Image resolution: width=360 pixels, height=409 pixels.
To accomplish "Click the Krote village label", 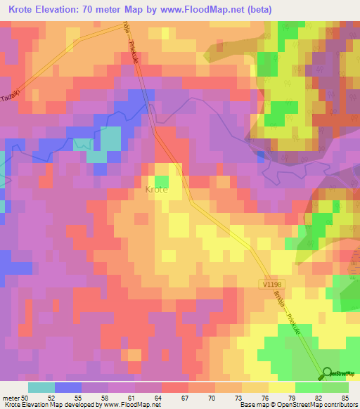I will click(x=155, y=190).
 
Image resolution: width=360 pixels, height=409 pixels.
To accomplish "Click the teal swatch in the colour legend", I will click(x=41, y=387).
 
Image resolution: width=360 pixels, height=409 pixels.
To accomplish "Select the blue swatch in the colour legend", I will click(x=68, y=387).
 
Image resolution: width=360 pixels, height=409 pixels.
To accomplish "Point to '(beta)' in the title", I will click(x=255, y=9).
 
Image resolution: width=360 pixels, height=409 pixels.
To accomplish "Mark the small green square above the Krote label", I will click(x=162, y=179).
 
